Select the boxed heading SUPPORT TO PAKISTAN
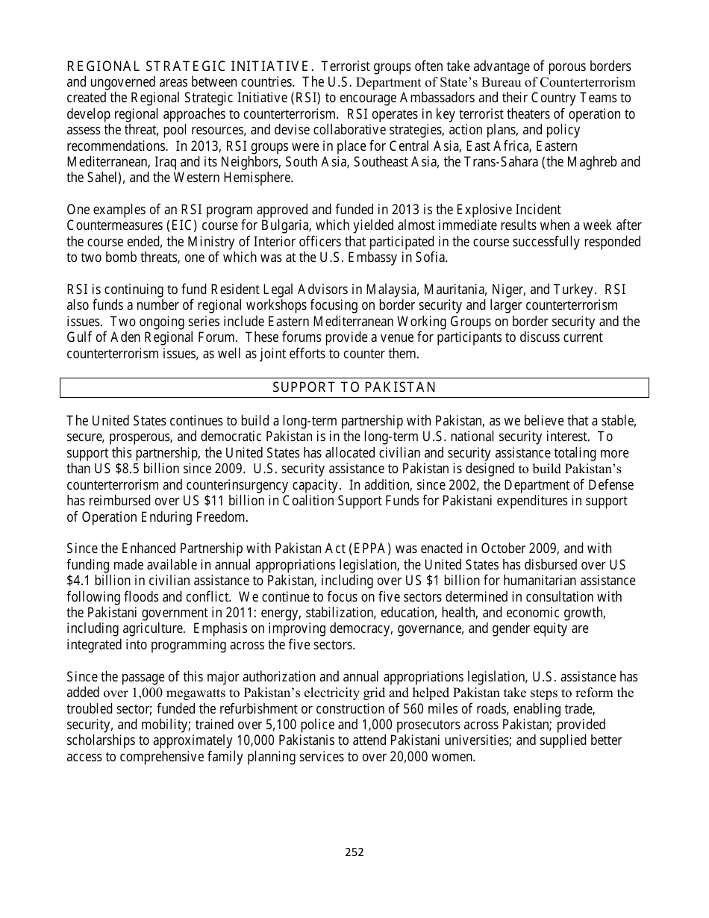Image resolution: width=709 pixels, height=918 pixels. click(x=354, y=387)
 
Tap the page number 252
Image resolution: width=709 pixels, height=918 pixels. click(x=354, y=852)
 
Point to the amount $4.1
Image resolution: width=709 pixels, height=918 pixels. click(x=81, y=581)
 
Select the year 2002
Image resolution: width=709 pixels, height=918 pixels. click(x=465, y=485)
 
